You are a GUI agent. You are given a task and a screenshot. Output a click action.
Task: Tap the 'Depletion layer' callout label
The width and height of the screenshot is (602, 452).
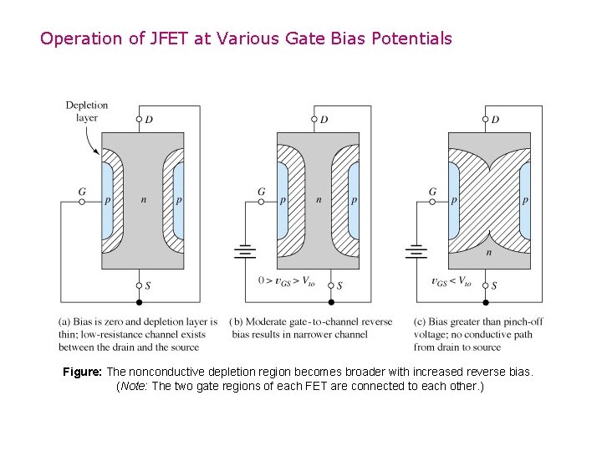tap(86, 111)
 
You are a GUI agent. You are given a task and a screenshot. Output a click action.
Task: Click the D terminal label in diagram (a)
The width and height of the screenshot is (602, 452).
tap(149, 120)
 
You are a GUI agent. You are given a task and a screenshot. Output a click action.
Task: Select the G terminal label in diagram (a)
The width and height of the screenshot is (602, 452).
tap(82, 192)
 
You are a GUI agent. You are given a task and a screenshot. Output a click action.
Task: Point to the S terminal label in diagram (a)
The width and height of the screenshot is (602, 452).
tap(148, 285)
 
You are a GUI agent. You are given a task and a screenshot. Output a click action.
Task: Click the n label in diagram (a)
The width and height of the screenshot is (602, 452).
tap(143, 201)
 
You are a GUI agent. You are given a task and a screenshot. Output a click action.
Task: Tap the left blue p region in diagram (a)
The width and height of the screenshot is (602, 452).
tap(106, 201)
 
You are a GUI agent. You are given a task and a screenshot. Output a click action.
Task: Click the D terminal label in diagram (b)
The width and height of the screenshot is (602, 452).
tap(324, 120)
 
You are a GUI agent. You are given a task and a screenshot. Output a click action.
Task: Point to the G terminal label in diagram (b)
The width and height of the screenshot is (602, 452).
tap(261, 192)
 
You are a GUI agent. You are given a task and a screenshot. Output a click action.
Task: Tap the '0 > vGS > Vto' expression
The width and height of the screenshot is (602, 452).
tap(286, 282)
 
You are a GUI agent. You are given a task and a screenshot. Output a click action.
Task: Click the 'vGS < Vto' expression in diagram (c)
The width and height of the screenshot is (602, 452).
tap(451, 282)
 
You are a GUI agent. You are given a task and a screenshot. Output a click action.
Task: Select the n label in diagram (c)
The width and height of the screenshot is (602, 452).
tap(488, 250)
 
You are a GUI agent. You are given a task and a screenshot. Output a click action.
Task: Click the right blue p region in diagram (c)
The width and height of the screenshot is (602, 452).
tap(524, 201)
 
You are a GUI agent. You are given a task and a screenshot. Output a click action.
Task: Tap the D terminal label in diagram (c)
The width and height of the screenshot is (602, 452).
tap(495, 120)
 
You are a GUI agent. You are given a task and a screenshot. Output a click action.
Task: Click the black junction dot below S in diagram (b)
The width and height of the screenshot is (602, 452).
tap(331, 302)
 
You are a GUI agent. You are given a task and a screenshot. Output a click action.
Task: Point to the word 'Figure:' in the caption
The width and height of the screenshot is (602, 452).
tap(83, 372)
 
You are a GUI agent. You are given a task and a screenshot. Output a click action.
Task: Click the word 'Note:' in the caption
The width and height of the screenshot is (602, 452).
tap(135, 386)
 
